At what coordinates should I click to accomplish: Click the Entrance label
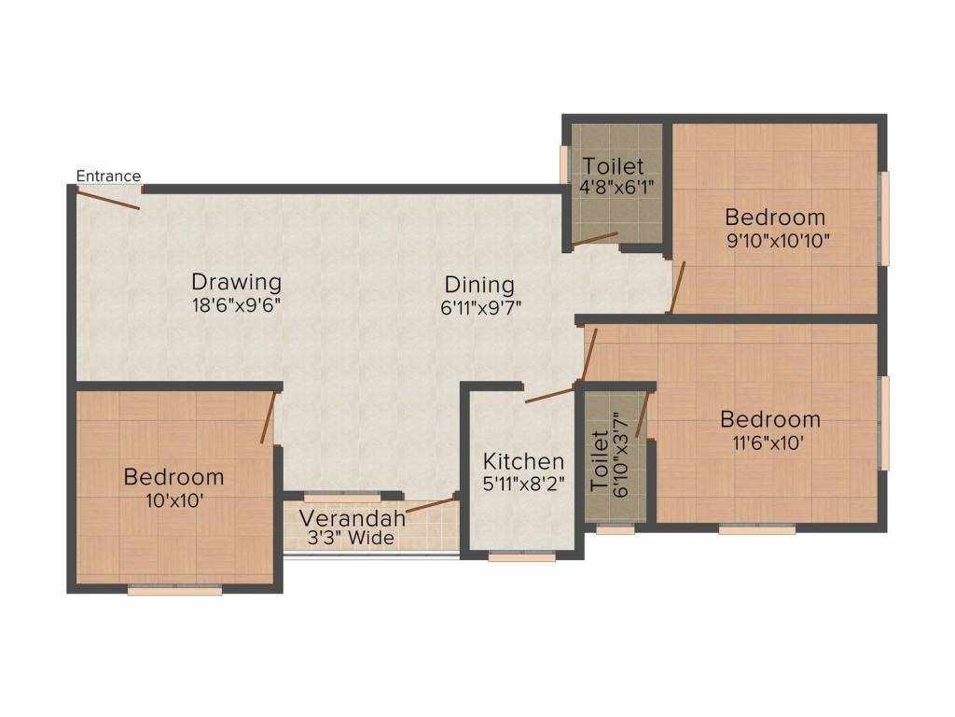pyautogui.click(x=108, y=176)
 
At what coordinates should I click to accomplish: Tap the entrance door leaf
pyautogui.click(x=108, y=199)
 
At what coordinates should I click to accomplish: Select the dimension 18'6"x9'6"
pyautogui.click(x=236, y=304)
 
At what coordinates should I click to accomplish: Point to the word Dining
pyautogui.click(x=479, y=284)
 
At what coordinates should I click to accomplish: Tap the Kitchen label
pyautogui.click(x=523, y=461)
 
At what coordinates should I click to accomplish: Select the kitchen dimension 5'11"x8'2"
pyautogui.click(x=523, y=485)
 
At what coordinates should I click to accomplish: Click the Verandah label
pyautogui.click(x=353, y=517)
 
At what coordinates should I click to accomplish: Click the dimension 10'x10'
pyautogui.click(x=174, y=499)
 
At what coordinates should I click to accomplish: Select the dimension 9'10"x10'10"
pyautogui.click(x=776, y=240)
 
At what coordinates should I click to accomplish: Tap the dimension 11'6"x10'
pyautogui.click(x=770, y=443)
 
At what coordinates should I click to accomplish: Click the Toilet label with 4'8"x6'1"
pyautogui.click(x=613, y=166)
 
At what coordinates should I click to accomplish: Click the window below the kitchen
pyautogui.click(x=522, y=557)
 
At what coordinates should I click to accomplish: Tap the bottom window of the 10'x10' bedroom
pyautogui.click(x=174, y=590)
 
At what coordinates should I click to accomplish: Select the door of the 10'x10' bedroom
pyautogui.click(x=269, y=416)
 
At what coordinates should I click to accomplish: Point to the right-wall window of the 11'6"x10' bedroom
pyautogui.click(x=885, y=423)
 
